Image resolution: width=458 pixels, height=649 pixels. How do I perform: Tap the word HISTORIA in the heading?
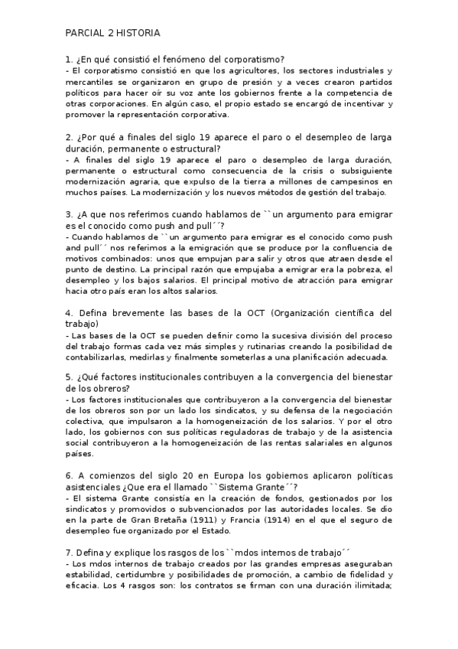pos(140,33)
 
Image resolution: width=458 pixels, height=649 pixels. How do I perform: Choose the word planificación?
pos(314,357)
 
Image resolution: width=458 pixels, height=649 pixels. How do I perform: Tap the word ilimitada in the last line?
pos(366,587)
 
